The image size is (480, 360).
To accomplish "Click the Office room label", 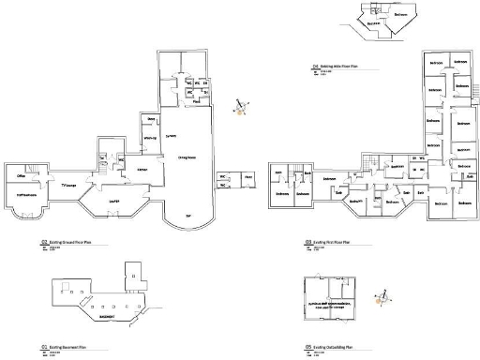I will [20, 176].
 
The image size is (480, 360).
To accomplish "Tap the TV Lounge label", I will [68, 186].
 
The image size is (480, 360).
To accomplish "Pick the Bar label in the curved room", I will [188, 216].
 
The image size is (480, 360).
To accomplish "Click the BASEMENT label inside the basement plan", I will [110, 315].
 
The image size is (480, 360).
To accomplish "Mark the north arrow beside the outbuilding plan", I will [380, 299].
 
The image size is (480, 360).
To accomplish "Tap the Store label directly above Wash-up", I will [149, 121].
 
